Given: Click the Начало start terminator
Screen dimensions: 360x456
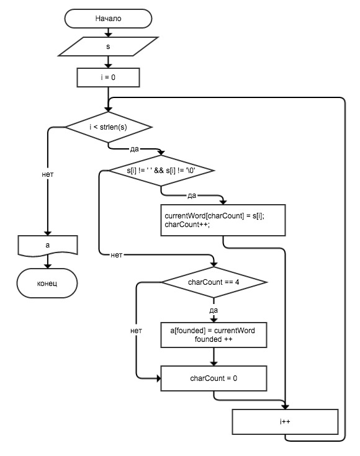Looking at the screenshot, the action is pos(108,19).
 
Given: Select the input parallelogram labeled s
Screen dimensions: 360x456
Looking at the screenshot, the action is pos(108,47).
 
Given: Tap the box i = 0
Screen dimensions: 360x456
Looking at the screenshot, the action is pos(108,78).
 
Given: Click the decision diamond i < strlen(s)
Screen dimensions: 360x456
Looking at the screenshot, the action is pos(108,127).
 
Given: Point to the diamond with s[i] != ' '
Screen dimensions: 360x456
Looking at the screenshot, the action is pos(161,171).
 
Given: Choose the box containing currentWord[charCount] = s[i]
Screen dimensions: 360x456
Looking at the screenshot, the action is pos(223,220).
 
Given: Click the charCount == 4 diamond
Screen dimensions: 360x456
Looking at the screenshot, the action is pos(214,282).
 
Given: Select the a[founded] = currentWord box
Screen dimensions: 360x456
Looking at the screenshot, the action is pos(214,335).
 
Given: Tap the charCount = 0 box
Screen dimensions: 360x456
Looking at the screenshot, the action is pos(214,378).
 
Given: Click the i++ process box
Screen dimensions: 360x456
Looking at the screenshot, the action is pos(285,422).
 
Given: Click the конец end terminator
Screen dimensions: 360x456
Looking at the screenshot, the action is pos(47,284).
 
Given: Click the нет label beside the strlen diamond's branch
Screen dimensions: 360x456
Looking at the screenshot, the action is pos(48,174).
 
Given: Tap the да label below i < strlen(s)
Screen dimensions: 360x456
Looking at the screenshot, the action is pos(135,149).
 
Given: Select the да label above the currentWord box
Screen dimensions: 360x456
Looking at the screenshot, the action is pos(192,195).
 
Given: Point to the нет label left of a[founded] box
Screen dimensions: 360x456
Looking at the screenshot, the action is pos(136,331).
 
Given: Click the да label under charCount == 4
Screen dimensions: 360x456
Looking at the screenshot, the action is pos(214,310).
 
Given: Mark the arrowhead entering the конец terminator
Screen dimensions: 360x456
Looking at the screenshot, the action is pos(48,266).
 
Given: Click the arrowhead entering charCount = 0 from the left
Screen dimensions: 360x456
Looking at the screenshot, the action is pos(159,378).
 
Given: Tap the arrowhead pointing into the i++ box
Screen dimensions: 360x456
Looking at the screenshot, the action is pos(285,407).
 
